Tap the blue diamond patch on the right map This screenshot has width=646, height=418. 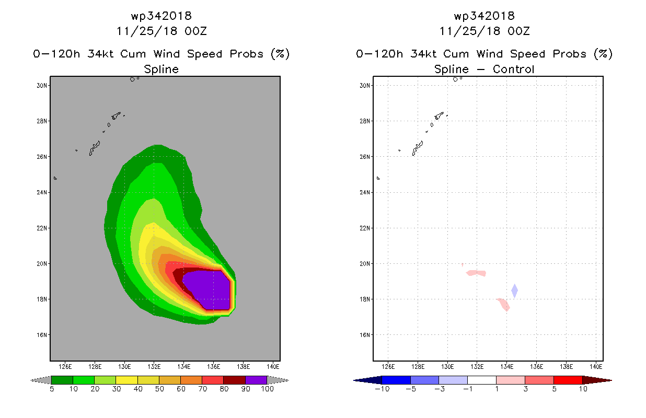514,291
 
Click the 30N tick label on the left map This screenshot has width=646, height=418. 42,85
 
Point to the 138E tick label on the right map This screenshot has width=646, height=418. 566,367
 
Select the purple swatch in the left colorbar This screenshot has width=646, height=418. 256,380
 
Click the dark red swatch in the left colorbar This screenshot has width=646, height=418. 235,380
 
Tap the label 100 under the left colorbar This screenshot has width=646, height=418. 267,389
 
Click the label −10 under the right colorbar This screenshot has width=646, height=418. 382,389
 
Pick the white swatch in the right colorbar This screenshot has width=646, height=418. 482,380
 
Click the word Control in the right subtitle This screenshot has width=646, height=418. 513,69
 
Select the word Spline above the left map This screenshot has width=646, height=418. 161,69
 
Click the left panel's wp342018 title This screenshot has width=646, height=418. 161,16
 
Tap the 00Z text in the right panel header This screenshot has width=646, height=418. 518,31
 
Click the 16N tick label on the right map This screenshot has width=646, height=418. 365,335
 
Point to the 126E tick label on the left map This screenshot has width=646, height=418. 65,367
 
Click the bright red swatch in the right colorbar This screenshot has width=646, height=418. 568,380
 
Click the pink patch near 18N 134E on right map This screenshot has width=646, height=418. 503,305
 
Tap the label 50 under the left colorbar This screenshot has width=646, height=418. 159,389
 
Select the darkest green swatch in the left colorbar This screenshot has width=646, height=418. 62,380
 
